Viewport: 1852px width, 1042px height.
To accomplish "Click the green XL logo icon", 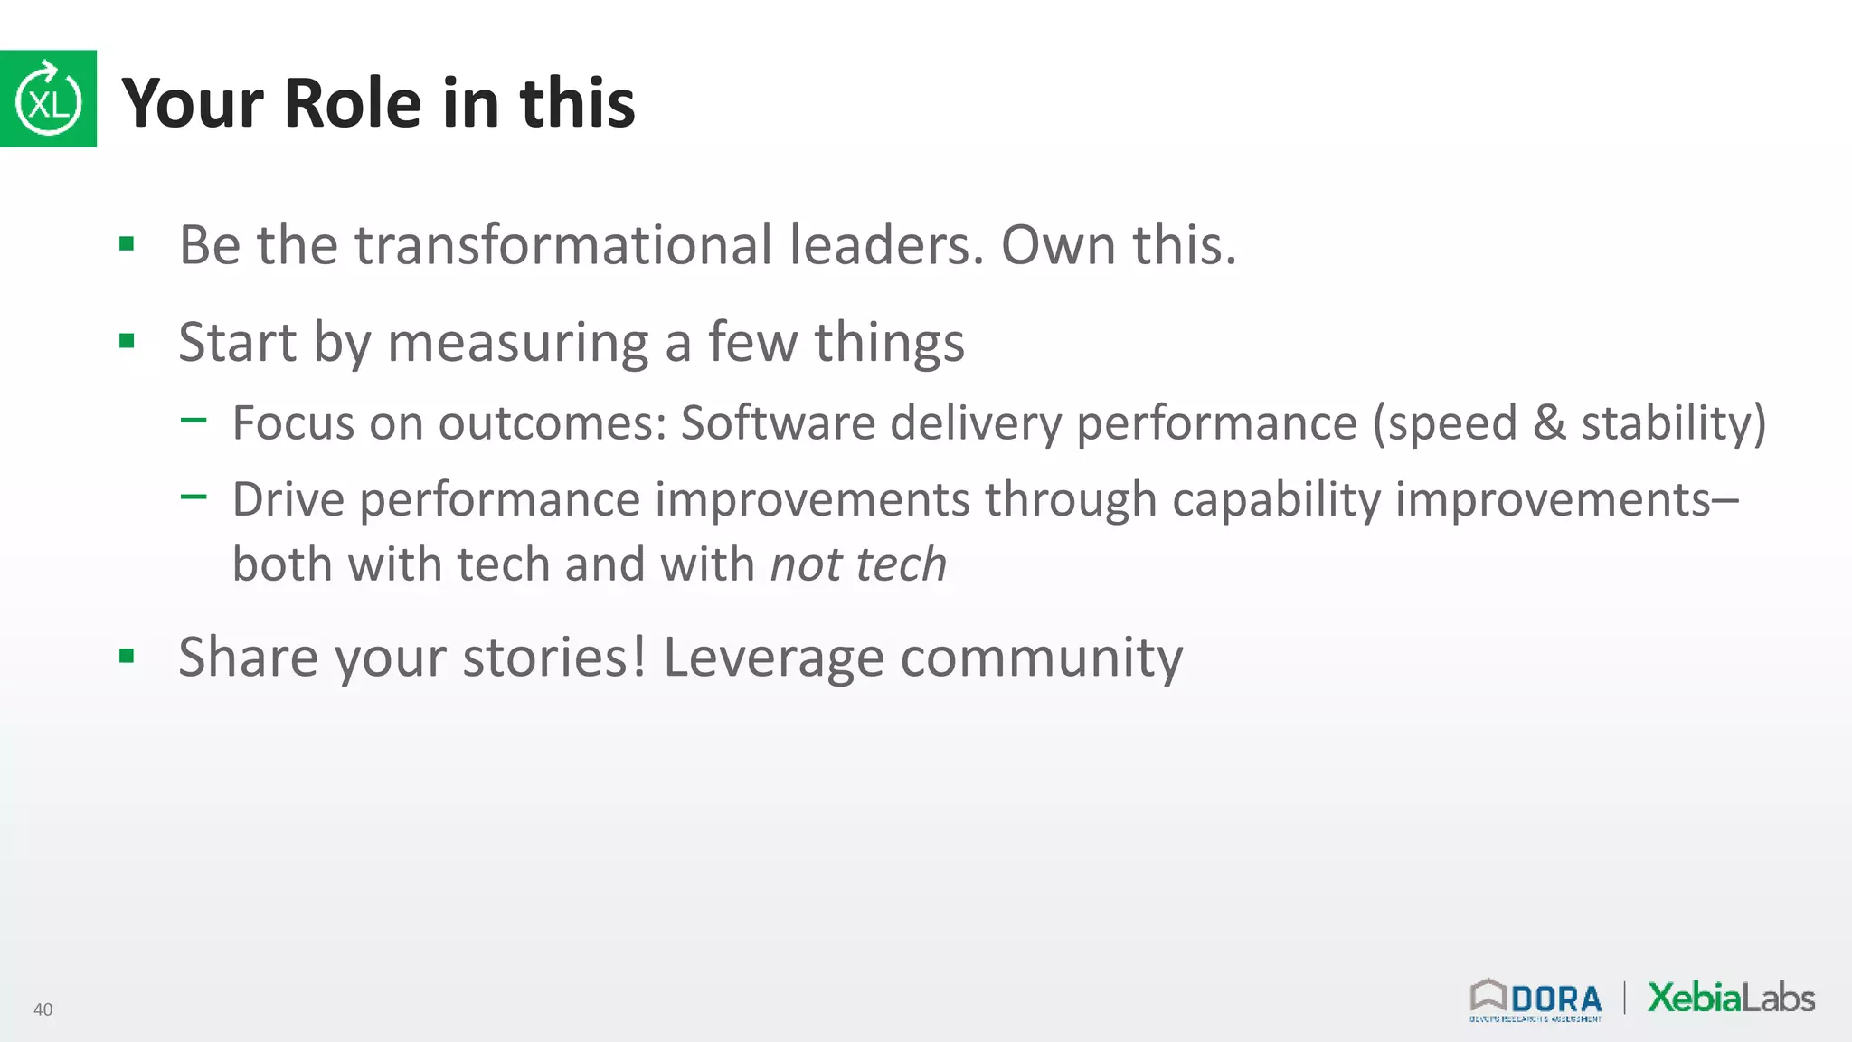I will click(x=48, y=99).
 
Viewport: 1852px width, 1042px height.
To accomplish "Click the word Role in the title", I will click(x=353, y=103).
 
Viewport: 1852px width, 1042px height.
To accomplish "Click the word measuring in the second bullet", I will click(x=518, y=344).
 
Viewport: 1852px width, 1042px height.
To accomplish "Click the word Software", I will click(x=778, y=422).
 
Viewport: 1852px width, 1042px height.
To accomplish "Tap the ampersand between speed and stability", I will click(x=1549, y=422).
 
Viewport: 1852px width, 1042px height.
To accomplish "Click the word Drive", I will click(x=288, y=499).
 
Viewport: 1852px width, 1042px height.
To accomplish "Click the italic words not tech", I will click(x=858, y=564).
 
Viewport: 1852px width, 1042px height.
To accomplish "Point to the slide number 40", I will click(x=43, y=1009).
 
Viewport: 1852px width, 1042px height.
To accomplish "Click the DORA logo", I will click(x=1535, y=1000).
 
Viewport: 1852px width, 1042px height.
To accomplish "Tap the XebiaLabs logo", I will click(x=1731, y=998).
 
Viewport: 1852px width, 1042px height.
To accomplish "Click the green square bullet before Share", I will click(x=127, y=656).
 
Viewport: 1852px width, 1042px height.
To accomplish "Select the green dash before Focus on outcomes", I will click(x=194, y=420).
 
